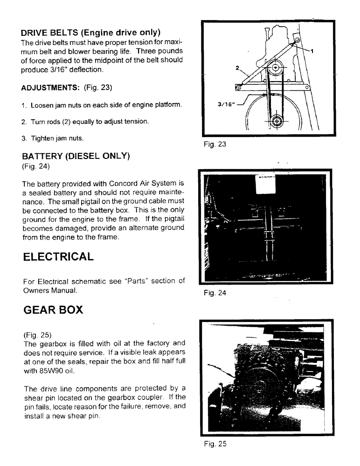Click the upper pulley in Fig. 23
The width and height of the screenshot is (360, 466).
pos(277,68)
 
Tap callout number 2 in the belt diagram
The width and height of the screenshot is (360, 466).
pos(237,68)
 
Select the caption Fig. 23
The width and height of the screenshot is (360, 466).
pos(215,144)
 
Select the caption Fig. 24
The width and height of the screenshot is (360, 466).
pos(215,294)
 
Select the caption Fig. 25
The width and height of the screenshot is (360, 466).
pos(215,444)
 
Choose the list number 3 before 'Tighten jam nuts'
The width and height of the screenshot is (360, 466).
pos(23,139)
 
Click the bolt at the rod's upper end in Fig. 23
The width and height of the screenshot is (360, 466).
pos(297,43)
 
